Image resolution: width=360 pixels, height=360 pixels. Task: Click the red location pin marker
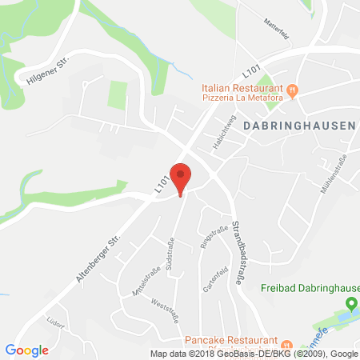tap(182, 178)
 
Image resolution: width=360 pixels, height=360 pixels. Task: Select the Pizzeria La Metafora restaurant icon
tap(293, 90)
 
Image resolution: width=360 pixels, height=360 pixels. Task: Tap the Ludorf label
tap(55, 326)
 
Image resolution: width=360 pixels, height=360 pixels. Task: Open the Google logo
tap(26, 350)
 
